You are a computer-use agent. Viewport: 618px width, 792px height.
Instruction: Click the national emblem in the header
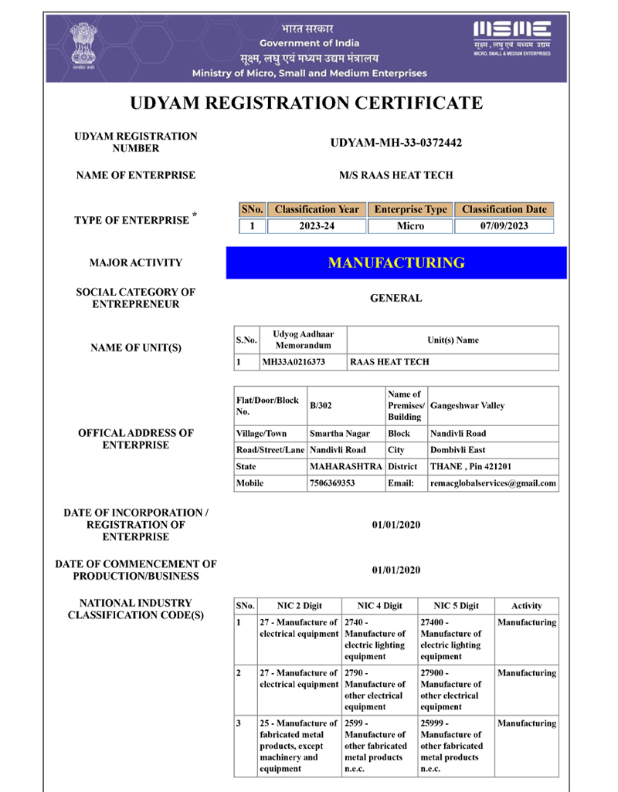pos(80,45)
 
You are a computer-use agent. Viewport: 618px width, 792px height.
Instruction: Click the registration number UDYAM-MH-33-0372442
pos(396,143)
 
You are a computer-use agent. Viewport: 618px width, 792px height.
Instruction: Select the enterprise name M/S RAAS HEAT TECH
pos(396,175)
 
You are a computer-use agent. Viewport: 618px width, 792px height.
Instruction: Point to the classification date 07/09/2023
pos(504,226)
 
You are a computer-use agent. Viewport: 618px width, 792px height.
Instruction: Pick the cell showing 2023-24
pos(317,226)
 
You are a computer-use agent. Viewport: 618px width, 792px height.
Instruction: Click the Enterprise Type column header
pos(410,209)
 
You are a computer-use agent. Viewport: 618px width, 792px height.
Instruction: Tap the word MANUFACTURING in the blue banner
pos(396,262)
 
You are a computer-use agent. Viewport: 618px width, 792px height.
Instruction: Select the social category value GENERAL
pos(396,298)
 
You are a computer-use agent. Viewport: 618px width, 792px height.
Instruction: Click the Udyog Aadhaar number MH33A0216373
pos(294,361)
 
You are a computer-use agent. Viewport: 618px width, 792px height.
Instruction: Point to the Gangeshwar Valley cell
pos(467,405)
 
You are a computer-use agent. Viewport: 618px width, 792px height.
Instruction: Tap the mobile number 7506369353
pos(331,483)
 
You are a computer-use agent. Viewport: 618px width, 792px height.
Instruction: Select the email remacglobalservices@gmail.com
pos(493,483)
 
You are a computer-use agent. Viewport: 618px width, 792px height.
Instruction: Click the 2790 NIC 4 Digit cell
pos(379,689)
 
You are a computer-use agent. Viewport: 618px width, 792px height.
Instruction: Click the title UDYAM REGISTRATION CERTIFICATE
pos(306,103)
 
